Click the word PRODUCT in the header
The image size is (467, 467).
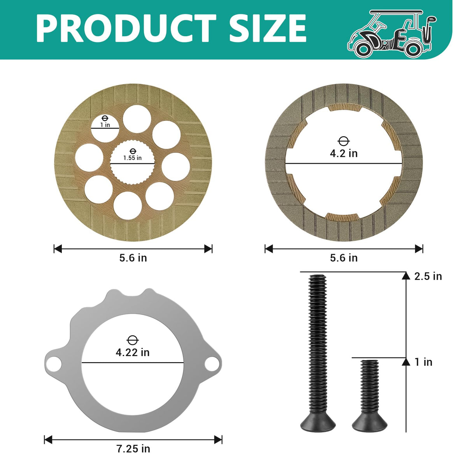coord(126,28)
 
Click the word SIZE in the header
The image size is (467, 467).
coord(268,28)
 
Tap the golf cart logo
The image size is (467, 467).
coord(392,34)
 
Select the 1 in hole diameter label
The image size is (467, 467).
coord(105,125)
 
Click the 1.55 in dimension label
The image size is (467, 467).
coord(132,158)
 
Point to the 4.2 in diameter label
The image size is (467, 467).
coord(344,153)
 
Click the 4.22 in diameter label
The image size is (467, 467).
coord(133,352)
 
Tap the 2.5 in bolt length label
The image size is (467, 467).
coord(428,277)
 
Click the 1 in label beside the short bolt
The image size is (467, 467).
coord(423,362)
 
